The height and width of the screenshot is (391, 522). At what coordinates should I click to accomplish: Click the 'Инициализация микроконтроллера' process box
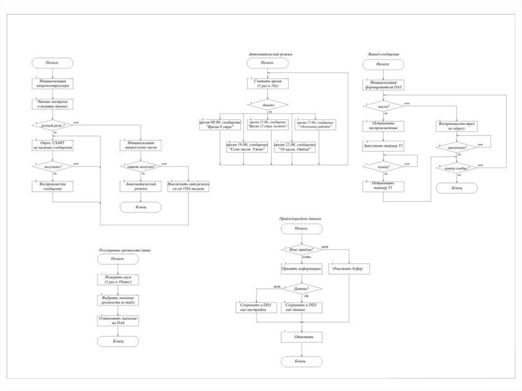pyautogui.click(x=52, y=84)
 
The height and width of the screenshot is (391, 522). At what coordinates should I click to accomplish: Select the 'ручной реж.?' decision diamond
pyautogui.click(x=52, y=124)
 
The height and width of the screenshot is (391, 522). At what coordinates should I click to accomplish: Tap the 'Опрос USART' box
pyautogui.click(x=52, y=145)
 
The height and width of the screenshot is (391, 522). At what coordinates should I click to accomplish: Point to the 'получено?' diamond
pyautogui.click(x=52, y=166)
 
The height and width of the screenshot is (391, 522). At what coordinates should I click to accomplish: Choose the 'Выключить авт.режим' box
pyautogui.click(x=189, y=186)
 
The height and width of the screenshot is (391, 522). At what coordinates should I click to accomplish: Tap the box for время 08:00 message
pyautogui.click(x=220, y=124)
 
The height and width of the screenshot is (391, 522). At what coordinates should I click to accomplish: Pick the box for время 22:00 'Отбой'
pyautogui.click(x=295, y=147)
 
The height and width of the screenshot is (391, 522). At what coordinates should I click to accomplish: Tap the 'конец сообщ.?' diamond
pyautogui.click(x=457, y=167)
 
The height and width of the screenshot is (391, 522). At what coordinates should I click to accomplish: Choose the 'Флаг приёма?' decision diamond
pyautogui.click(x=301, y=249)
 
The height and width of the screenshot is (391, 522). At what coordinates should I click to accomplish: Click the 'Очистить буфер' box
pyautogui.click(x=350, y=269)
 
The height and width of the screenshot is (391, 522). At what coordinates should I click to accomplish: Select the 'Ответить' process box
pyautogui.click(x=301, y=337)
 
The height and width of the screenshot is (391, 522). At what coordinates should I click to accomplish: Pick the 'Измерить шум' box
pyautogui.click(x=117, y=279)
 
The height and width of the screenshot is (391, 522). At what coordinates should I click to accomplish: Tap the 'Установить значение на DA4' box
pyautogui.click(x=117, y=320)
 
